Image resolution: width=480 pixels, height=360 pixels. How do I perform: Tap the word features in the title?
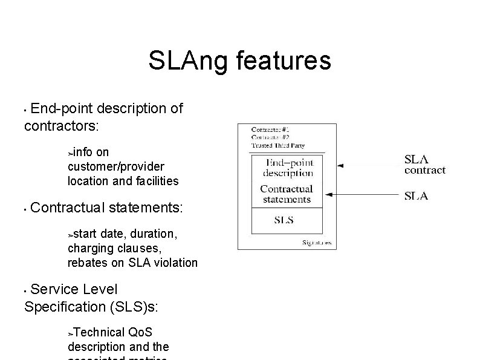[282, 61]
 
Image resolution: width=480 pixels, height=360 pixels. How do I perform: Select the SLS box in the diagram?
[284, 220]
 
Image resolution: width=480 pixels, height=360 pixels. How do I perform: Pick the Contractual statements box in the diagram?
[286, 194]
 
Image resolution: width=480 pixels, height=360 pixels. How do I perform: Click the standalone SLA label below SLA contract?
[416, 195]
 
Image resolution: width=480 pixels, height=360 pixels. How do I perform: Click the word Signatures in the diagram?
[316, 243]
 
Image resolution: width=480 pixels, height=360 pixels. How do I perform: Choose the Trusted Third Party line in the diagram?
[279, 145]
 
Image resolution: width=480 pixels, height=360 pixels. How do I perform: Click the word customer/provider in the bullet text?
[115, 166]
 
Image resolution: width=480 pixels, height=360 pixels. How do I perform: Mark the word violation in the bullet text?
[176, 263]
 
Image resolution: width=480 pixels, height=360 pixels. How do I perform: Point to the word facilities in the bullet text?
[157, 180]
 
